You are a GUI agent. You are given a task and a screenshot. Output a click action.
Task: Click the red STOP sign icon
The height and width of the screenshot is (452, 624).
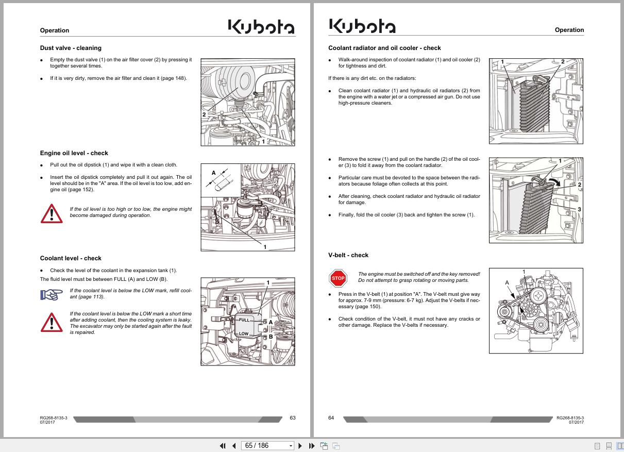click(338, 278)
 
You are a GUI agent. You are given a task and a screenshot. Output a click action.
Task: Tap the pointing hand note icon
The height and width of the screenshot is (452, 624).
click(52, 295)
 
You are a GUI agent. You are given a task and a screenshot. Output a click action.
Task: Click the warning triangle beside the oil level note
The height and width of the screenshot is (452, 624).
click(52, 214)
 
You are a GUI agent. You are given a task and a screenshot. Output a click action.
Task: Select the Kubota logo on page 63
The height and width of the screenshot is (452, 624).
click(261, 26)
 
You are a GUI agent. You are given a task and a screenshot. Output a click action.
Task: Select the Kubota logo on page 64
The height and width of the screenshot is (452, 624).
click(362, 26)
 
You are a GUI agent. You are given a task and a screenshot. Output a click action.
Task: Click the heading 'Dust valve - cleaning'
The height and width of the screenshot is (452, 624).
click(71, 48)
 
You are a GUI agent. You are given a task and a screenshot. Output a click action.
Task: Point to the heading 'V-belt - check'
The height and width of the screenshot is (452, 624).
click(348, 255)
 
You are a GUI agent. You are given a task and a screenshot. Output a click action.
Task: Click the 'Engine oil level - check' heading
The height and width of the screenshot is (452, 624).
click(74, 153)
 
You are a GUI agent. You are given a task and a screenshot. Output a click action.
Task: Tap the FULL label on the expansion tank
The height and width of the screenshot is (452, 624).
click(244, 320)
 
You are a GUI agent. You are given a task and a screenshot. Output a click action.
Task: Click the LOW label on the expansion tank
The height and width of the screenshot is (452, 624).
click(244, 333)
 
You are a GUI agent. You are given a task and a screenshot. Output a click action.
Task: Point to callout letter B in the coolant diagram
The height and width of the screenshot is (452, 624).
click(271, 337)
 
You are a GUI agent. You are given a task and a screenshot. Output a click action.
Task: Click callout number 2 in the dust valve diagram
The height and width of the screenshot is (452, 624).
click(204, 114)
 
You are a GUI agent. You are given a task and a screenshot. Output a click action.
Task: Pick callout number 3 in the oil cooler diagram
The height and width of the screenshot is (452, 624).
click(579, 209)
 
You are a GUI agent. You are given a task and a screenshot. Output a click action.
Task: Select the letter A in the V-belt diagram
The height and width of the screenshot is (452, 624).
click(507, 282)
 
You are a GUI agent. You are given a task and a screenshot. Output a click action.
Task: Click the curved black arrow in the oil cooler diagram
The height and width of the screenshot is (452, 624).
click(555, 182)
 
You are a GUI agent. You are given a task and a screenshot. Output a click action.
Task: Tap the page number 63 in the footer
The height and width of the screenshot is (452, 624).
click(293, 417)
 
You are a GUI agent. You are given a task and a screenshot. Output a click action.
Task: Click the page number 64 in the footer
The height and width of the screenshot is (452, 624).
click(331, 417)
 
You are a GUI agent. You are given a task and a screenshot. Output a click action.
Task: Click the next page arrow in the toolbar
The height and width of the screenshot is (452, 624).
click(300, 446)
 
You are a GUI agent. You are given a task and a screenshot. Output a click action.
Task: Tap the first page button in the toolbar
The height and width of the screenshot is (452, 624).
click(223, 446)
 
